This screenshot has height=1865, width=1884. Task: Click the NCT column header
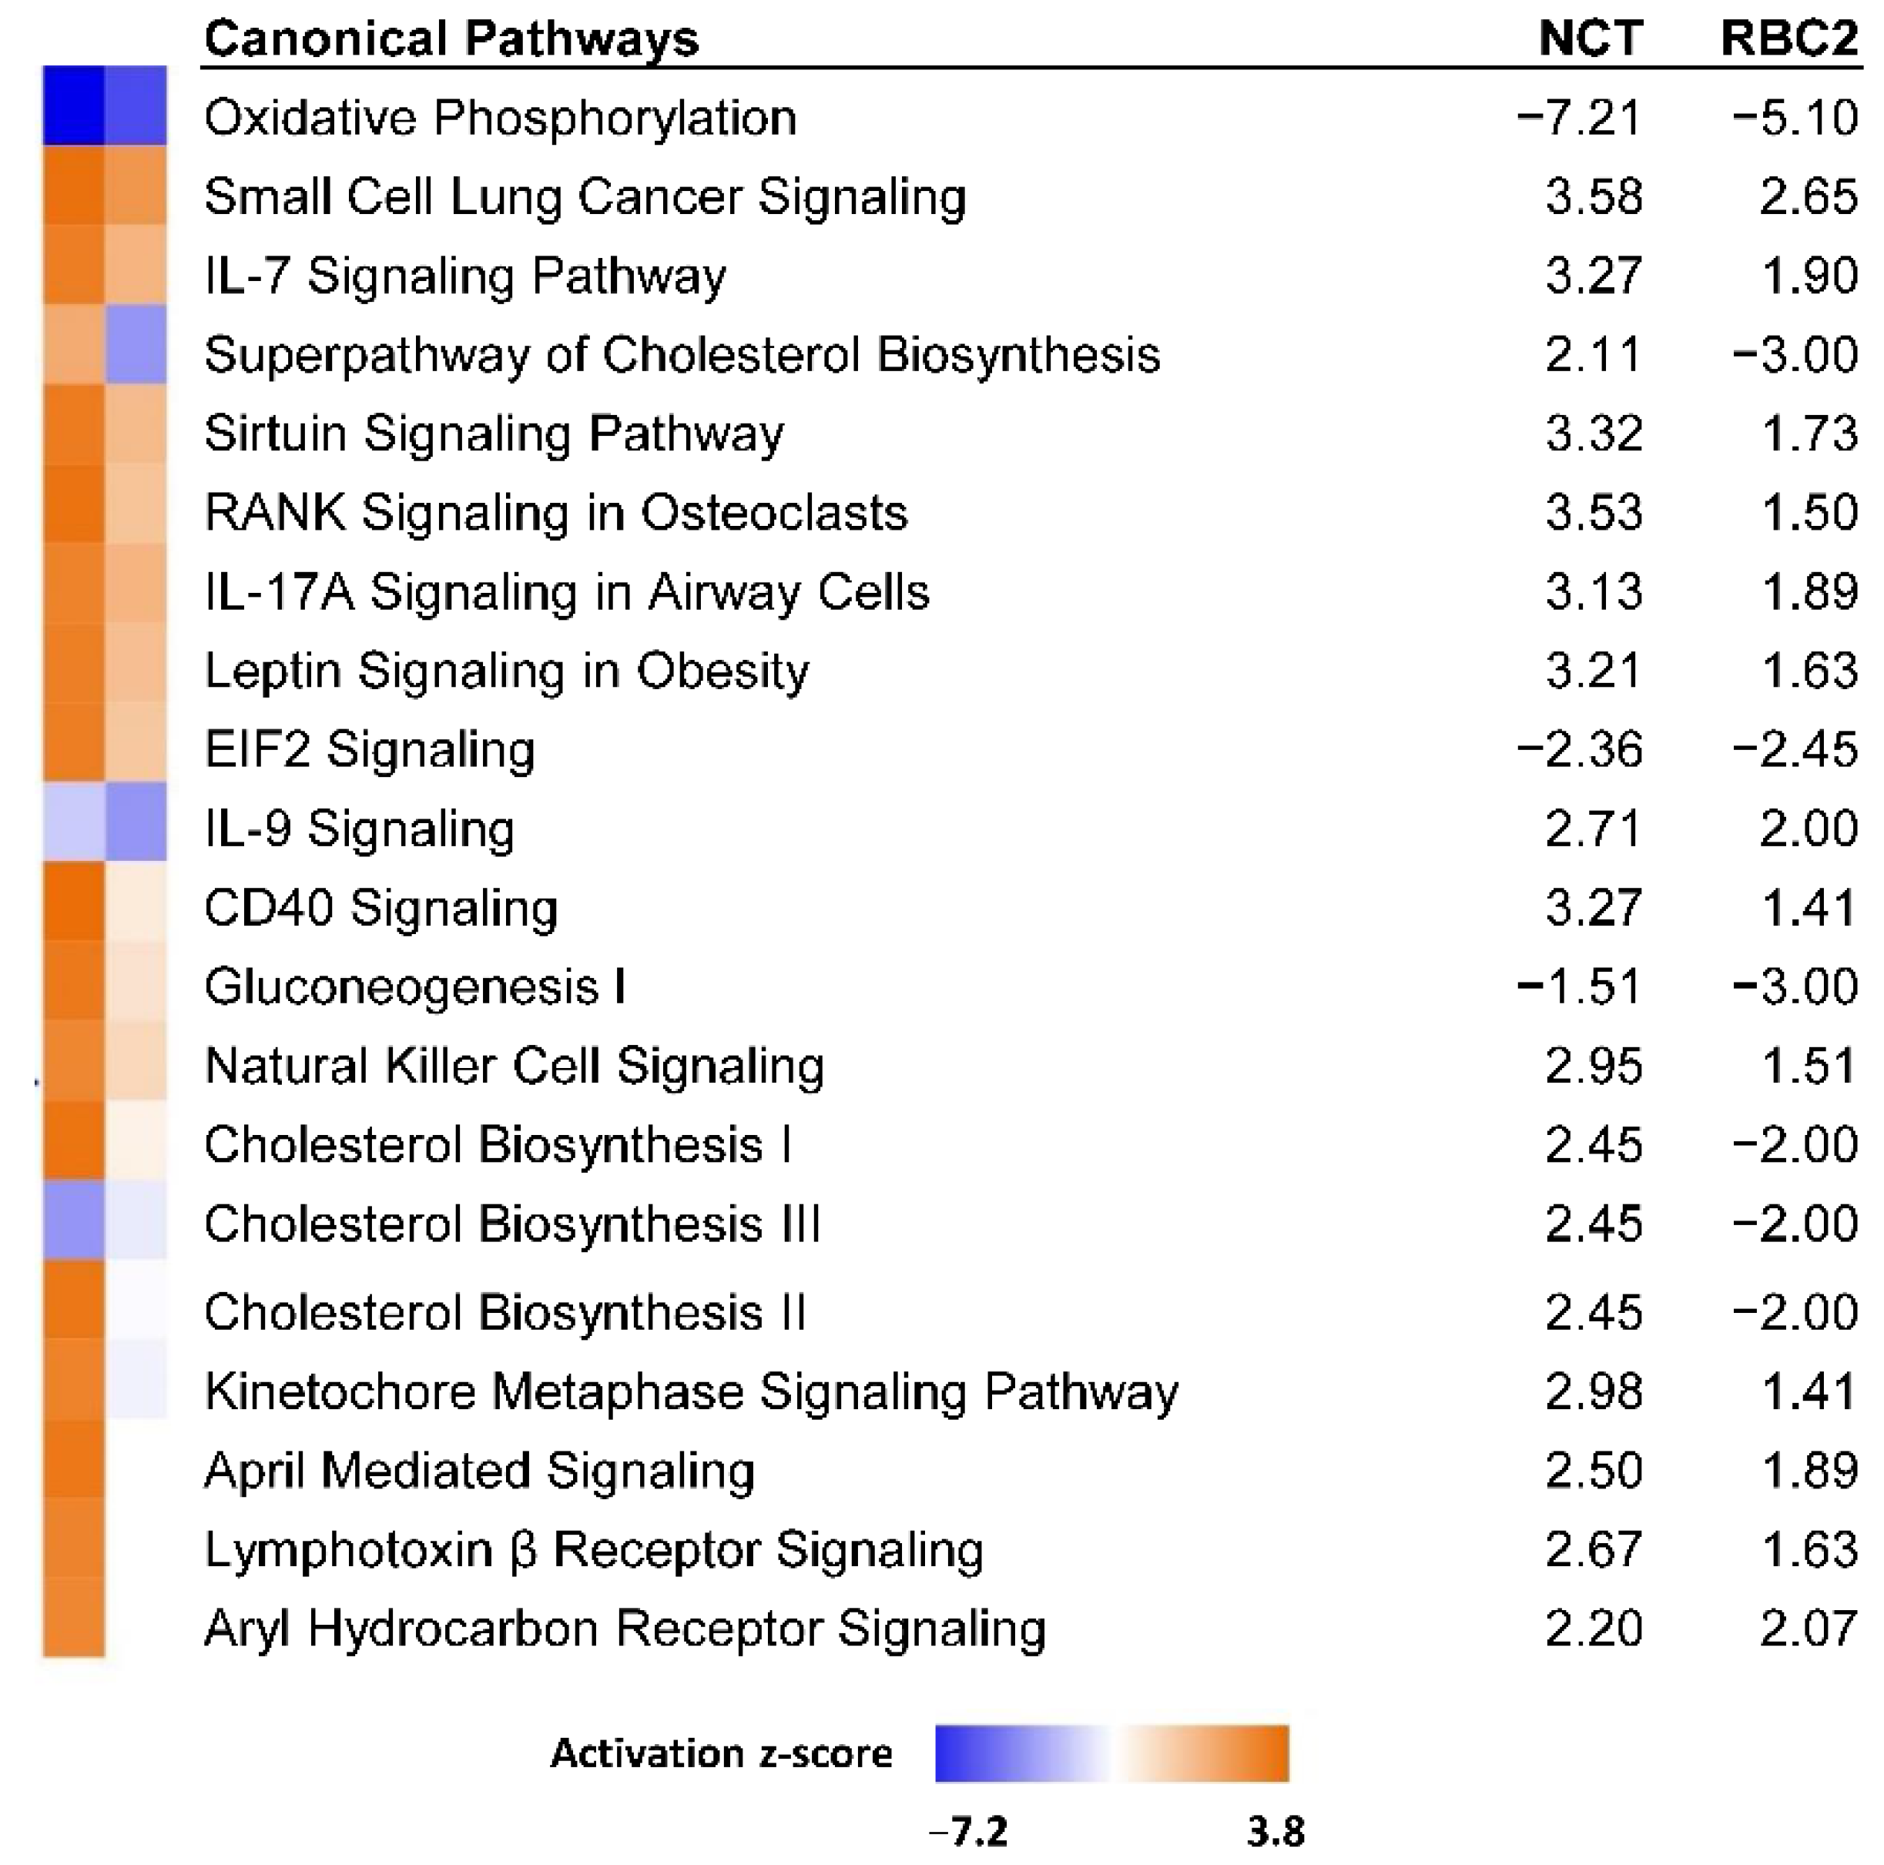click(x=1591, y=39)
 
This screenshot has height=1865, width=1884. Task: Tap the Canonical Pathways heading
click(x=451, y=39)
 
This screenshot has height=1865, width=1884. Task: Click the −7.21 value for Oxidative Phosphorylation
click(x=1580, y=118)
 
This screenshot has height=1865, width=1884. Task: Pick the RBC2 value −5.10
click(x=1795, y=118)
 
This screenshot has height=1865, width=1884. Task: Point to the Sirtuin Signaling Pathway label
click(x=494, y=434)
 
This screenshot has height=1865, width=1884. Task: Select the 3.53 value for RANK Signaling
click(x=1594, y=513)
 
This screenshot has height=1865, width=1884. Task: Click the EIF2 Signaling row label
click(x=370, y=750)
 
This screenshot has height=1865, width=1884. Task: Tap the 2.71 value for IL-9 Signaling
click(x=1594, y=829)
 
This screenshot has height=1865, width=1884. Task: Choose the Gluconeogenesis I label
click(x=414, y=986)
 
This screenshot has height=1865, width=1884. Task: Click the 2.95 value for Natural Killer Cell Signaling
click(x=1594, y=1066)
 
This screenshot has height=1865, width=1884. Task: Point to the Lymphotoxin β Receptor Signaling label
click(x=594, y=1549)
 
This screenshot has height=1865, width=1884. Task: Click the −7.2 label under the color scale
click(x=968, y=1832)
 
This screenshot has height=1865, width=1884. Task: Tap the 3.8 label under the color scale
click(x=1276, y=1832)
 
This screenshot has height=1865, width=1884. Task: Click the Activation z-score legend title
click(x=722, y=1753)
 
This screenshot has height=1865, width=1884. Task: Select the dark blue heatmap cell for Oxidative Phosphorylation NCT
click(x=73, y=105)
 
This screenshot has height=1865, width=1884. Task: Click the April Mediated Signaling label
click(x=480, y=1470)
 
